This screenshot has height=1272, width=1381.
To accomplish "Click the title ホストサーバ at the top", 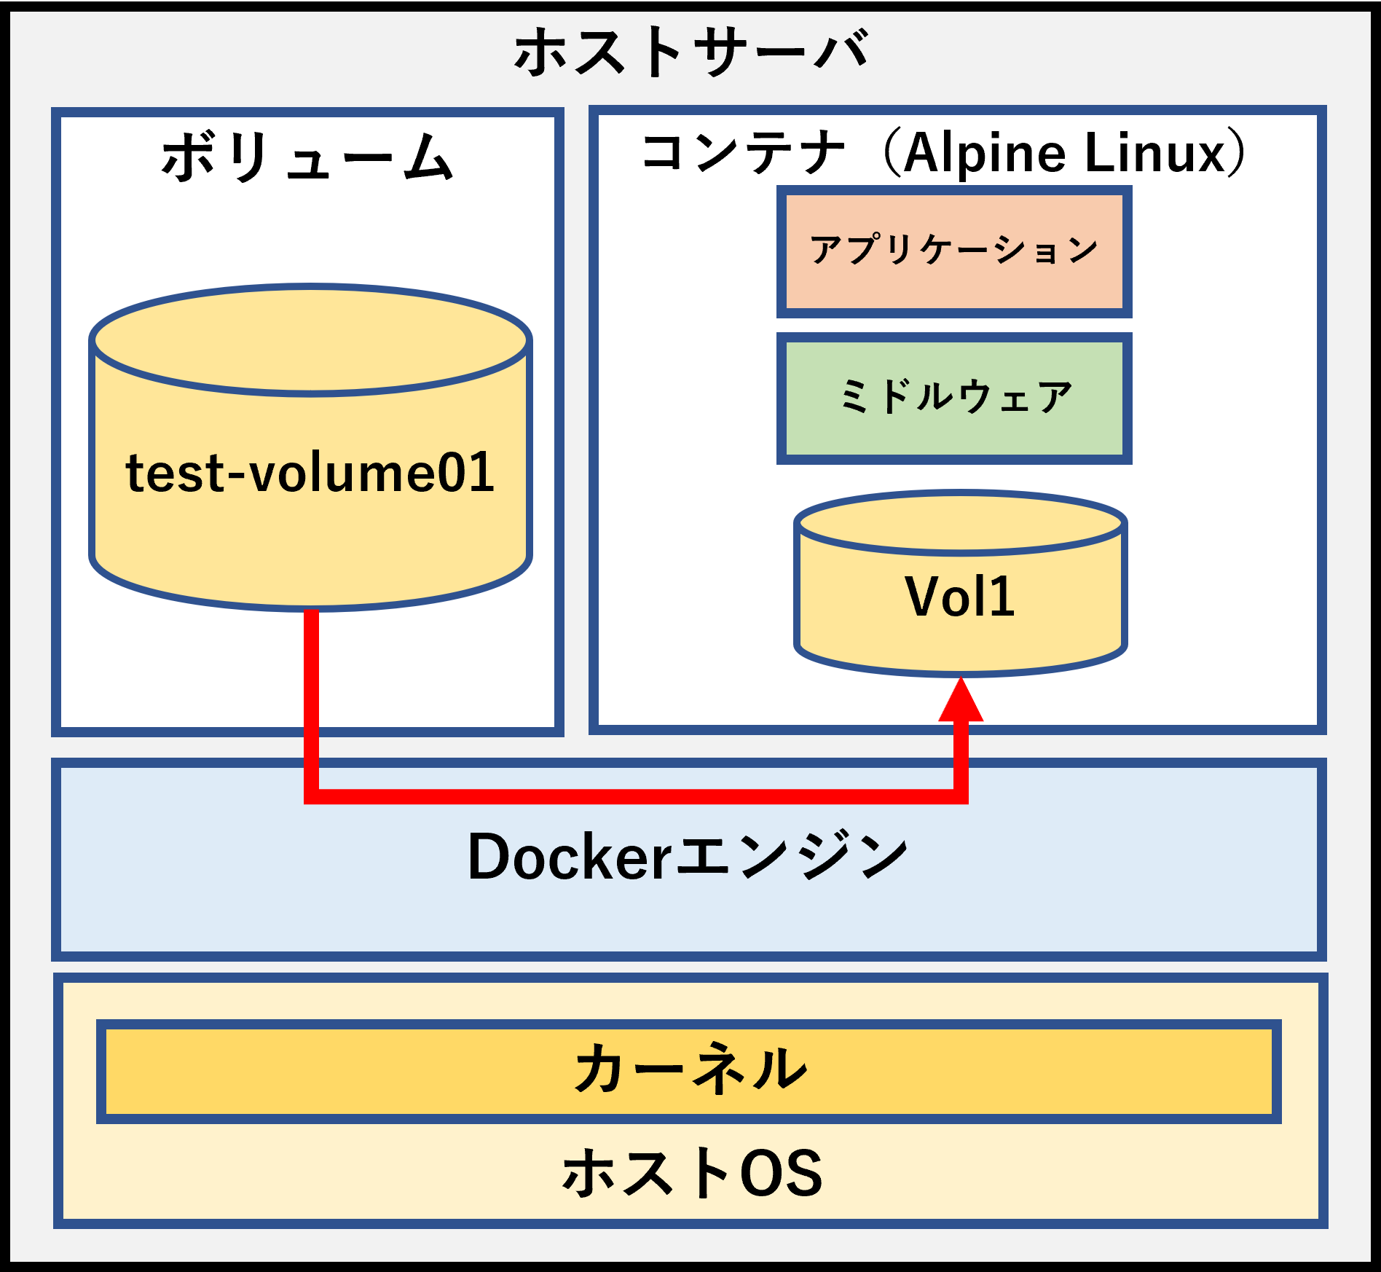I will click(690, 52).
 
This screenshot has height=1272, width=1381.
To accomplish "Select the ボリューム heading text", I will click(307, 157).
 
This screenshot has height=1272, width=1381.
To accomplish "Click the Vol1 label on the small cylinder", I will click(960, 597).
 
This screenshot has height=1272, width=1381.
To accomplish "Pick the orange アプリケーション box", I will click(954, 252).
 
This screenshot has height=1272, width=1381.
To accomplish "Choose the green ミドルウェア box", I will click(954, 399).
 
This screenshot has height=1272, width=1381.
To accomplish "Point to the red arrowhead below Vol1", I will click(961, 701).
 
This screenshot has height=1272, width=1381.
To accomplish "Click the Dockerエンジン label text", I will click(688, 857).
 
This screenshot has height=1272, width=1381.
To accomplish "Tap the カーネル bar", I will click(689, 1070).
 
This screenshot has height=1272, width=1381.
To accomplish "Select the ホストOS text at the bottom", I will click(691, 1173).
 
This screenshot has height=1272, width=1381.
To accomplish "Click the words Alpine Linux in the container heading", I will click(1065, 153).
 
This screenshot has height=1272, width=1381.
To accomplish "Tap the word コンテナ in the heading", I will click(743, 153).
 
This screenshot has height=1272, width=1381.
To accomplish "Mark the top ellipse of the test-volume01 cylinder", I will click(310, 340).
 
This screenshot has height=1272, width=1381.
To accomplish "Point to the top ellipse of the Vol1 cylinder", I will click(960, 523).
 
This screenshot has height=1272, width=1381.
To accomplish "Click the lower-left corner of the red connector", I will click(312, 796).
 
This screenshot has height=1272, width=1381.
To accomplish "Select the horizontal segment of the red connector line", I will click(634, 796).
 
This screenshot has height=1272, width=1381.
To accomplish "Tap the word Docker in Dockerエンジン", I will click(570, 857).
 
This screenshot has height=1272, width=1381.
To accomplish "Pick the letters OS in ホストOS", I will click(781, 1173).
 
